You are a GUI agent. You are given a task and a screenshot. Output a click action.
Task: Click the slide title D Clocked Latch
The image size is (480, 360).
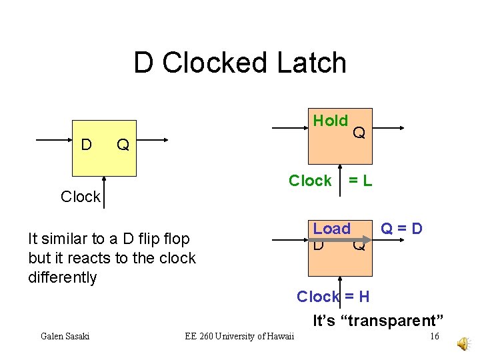pos(240,63)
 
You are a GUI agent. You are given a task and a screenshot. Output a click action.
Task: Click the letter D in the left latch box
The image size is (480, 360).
pos(86,144)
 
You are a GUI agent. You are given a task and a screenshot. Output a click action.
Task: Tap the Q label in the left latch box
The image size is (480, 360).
pos(123,144)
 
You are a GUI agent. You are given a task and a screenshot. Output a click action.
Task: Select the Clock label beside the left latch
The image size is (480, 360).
pos(80,197)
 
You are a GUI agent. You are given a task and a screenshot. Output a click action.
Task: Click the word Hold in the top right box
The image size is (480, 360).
pos(331,121)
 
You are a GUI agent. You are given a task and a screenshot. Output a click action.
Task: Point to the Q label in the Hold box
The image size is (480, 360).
pos(359,133)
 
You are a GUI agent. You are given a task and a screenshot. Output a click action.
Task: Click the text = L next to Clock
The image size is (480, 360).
pos(360,181)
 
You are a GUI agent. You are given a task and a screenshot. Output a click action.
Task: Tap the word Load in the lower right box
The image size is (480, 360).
pos(331,229)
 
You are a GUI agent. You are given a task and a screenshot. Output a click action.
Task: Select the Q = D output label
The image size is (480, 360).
pos(401,229)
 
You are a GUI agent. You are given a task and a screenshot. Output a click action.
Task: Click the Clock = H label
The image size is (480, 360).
pos(333,296)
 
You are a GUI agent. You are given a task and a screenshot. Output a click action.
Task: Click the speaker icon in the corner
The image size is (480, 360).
pos(463,343)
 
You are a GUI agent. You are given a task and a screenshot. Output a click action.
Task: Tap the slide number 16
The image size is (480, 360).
pos(434,336)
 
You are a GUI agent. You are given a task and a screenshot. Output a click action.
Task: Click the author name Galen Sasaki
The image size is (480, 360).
pos(65,336)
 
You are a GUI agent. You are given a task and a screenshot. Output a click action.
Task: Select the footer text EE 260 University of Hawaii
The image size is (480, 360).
pos(239,336)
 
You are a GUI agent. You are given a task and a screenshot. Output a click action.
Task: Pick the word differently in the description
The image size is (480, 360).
pos(63,277)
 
